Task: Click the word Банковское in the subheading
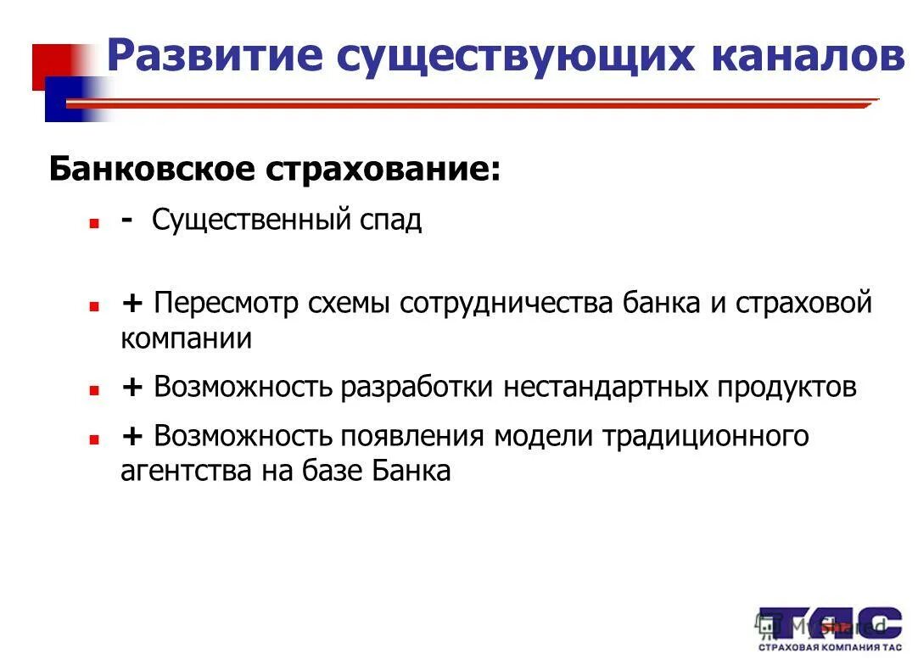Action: tap(151, 169)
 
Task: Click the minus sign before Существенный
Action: tap(126, 220)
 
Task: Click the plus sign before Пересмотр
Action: tap(132, 304)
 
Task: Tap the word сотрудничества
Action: tap(507, 304)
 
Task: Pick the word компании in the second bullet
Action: tap(186, 338)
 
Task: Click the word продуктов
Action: tap(787, 388)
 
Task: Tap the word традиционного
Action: tap(705, 437)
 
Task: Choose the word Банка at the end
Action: tap(411, 471)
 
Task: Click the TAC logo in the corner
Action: tap(829, 628)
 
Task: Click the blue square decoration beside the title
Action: tap(68, 99)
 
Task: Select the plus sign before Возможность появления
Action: tap(132, 437)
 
